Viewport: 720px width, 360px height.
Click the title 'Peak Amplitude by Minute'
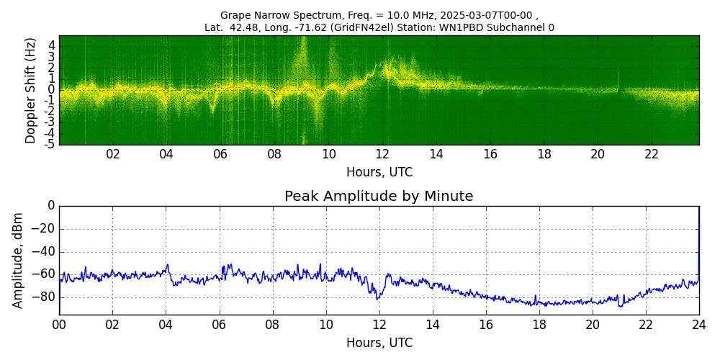click(379, 197)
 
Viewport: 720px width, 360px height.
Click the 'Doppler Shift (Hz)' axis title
click(31, 90)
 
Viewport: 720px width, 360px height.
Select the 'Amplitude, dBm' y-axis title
click(18, 260)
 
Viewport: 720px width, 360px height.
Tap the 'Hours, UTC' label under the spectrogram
click(379, 173)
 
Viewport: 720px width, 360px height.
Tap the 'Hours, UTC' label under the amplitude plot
click(379, 343)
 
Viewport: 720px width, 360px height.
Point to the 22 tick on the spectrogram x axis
click(652, 154)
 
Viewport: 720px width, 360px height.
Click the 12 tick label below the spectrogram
click(382, 154)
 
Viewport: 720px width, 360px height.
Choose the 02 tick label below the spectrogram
click(113, 154)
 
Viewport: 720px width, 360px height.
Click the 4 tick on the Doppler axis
click(51, 45)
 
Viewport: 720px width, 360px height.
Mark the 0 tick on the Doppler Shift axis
click(51, 90)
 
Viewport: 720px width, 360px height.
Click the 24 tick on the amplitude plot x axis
click(698, 324)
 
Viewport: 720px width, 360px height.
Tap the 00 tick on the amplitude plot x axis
click(59, 324)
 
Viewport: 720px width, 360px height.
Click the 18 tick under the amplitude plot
click(539, 324)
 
